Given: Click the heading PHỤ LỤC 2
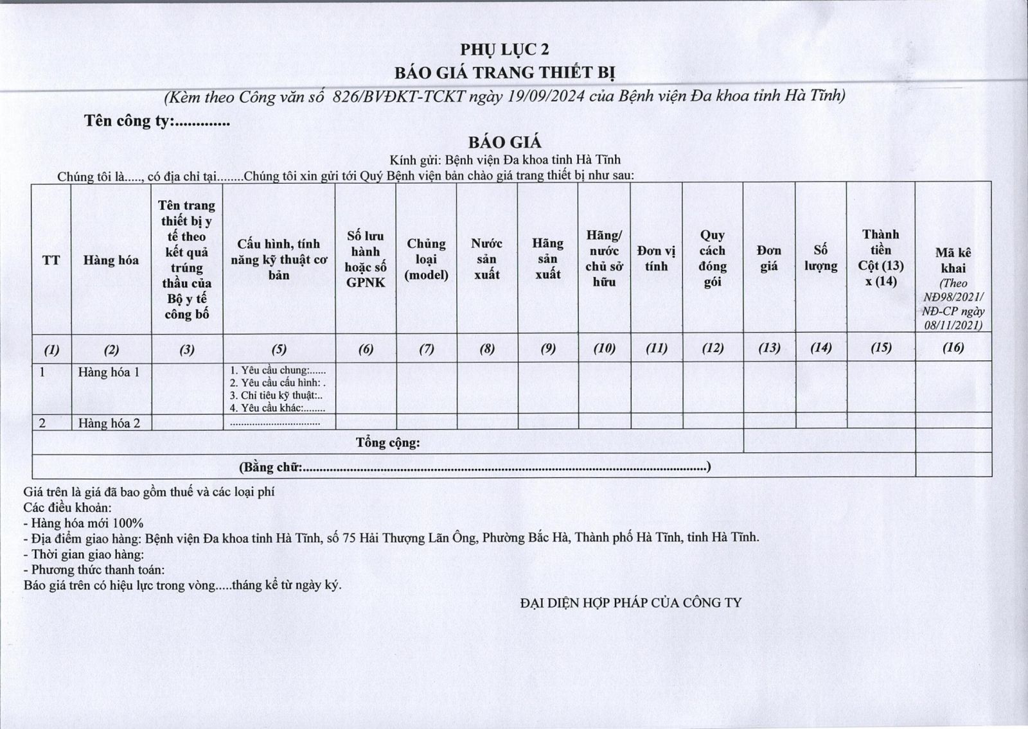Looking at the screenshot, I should (504, 50).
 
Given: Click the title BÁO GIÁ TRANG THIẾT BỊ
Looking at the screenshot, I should (504, 73).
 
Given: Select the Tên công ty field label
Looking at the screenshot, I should (128, 121).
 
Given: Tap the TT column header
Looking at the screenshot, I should (51, 260).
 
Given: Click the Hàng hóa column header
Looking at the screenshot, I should (111, 260).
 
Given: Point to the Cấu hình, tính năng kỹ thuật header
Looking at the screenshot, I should (279, 259).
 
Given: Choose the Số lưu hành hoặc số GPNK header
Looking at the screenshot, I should (366, 259).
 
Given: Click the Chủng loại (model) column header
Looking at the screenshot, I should (426, 259).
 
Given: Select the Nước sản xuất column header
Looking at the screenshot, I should (486, 259).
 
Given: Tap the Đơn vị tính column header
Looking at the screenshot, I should (656, 259).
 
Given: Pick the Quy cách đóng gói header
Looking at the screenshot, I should (713, 259).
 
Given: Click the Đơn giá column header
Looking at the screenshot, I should (769, 258).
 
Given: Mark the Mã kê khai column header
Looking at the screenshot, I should (953, 261).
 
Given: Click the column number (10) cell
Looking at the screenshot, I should (604, 348).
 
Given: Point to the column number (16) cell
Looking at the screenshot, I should (953, 348).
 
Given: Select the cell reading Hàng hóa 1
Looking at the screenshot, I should (109, 372).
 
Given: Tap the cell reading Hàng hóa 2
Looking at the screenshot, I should (109, 423).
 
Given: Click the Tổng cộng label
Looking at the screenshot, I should (387, 443).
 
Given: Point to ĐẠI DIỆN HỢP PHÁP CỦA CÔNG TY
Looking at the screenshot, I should (630, 603).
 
